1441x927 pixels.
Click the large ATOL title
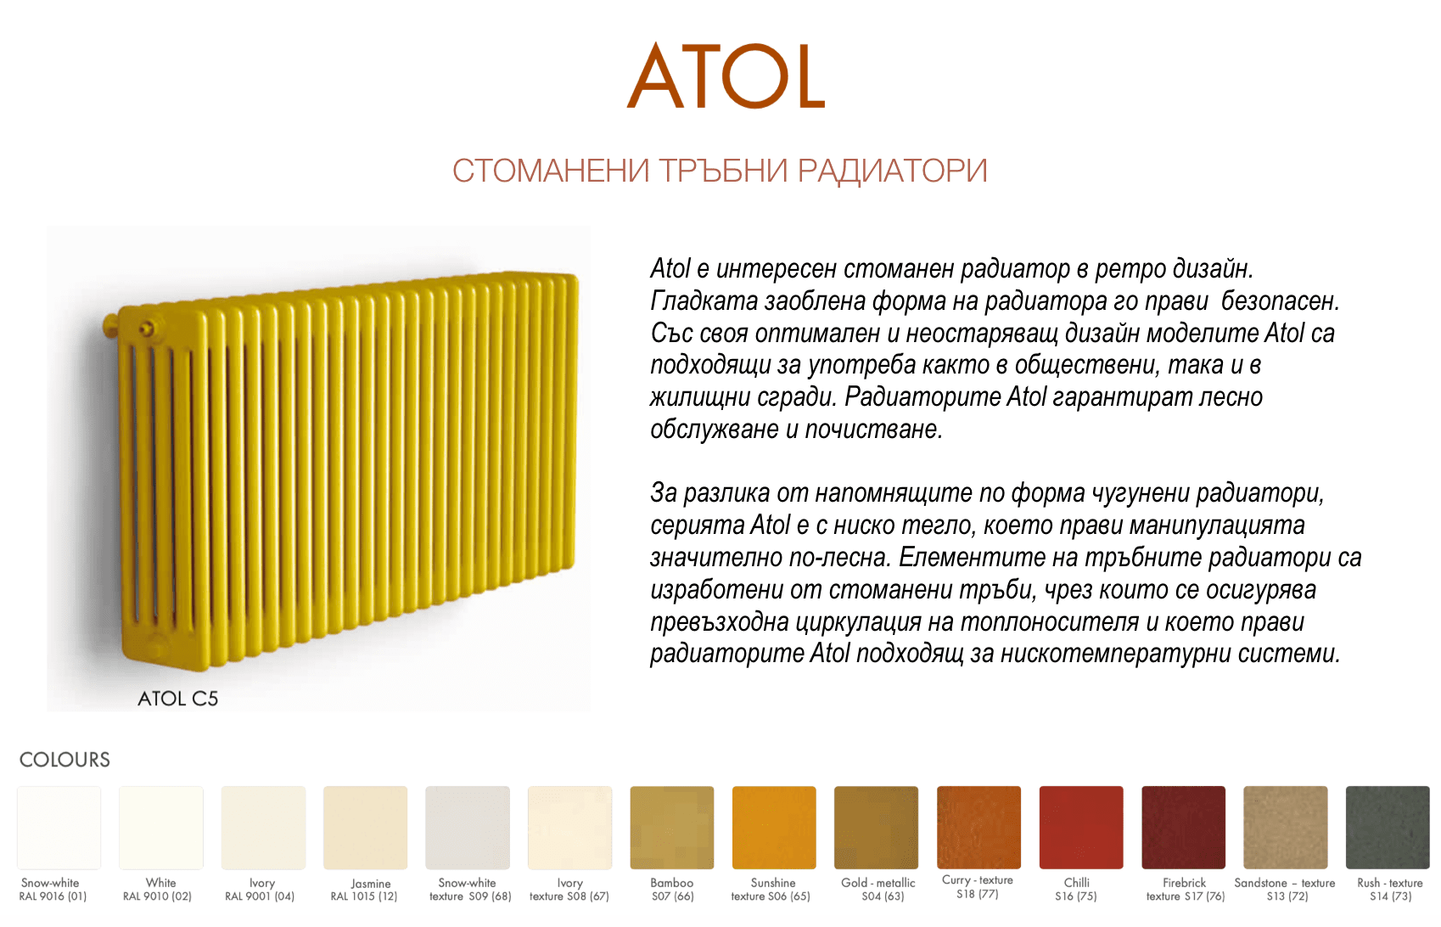pos(726,76)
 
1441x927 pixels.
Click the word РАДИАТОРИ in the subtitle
pos(892,171)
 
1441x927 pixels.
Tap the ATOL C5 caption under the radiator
pos(177,699)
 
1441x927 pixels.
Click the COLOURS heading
pos(64,760)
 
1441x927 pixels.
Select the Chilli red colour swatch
pos(1081,828)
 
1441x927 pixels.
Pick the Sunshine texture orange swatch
pos(774,828)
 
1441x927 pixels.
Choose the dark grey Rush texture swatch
pos(1388,828)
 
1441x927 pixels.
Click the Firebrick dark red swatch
pos(1183,828)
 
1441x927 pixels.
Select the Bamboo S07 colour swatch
pos(671,828)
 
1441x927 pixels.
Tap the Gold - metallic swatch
pos(876,828)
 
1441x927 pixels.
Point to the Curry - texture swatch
pos(978,828)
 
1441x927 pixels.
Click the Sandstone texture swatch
pos(1286,828)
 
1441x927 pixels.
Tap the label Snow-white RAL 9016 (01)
pos(53,889)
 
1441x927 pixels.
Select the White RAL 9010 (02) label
pos(158,889)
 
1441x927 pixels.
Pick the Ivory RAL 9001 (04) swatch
pos(263,828)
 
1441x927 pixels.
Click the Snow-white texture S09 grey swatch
pos(468,828)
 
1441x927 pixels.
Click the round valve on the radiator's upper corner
pos(148,329)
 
